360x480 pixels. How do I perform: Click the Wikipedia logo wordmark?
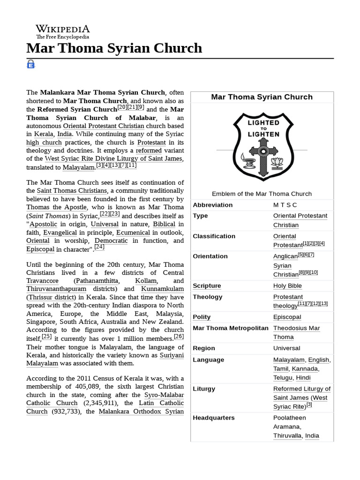click(x=62, y=29)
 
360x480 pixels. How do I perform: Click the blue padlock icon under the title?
click(x=31, y=64)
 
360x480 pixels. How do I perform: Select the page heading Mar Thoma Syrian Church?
click(x=114, y=48)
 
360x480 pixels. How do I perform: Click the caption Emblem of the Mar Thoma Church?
click(x=262, y=194)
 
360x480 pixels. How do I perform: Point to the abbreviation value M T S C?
click(x=285, y=205)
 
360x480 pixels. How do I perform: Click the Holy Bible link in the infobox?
click(x=287, y=285)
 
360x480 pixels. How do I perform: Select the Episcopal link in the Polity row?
click(x=287, y=317)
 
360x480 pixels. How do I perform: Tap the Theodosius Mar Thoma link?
click(x=296, y=332)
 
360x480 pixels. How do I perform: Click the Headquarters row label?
click(x=214, y=418)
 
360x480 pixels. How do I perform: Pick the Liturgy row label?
click(x=204, y=389)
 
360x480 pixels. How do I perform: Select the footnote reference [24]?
click(x=99, y=247)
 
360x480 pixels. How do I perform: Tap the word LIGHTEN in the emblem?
click(x=263, y=134)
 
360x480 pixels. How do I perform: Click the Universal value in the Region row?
click(x=286, y=348)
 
